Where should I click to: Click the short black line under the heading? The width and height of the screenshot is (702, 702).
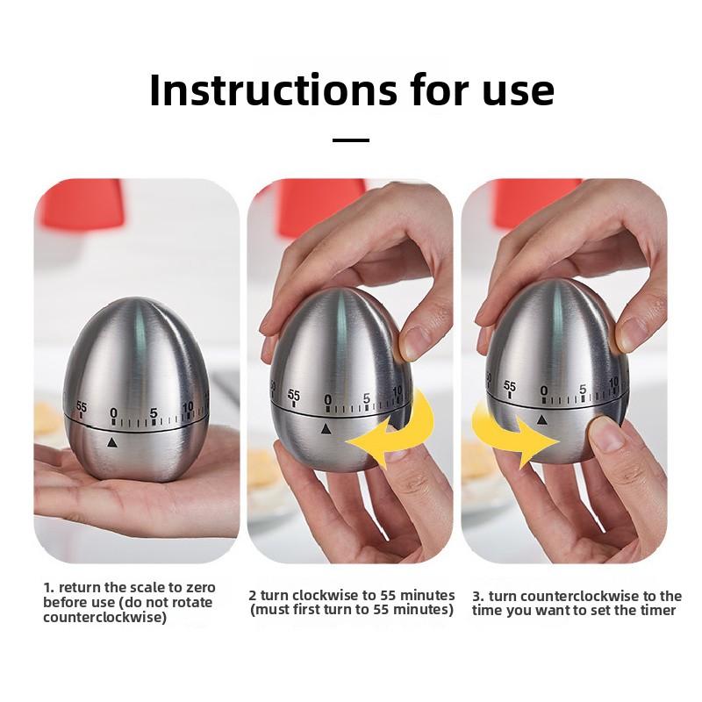[x=351, y=140]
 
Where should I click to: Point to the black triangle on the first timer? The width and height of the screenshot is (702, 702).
[x=112, y=442]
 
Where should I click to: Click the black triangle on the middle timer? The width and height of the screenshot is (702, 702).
[x=326, y=429]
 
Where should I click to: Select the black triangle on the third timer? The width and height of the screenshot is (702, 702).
[x=542, y=419]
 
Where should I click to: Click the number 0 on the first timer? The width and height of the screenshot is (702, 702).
[x=114, y=412]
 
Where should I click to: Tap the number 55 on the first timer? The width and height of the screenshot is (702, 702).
[x=82, y=407]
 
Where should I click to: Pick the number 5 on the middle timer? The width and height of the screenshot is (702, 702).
[x=367, y=398]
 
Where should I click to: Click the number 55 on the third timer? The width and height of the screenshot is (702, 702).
[x=510, y=386]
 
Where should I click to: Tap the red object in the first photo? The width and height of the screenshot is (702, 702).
[x=81, y=204]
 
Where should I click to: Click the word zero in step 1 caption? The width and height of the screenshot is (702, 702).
[x=201, y=587]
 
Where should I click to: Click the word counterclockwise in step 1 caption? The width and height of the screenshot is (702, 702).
[x=104, y=618]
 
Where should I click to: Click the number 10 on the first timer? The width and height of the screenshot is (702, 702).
[x=188, y=407]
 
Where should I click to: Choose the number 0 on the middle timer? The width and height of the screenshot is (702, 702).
[x=327, y=400]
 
